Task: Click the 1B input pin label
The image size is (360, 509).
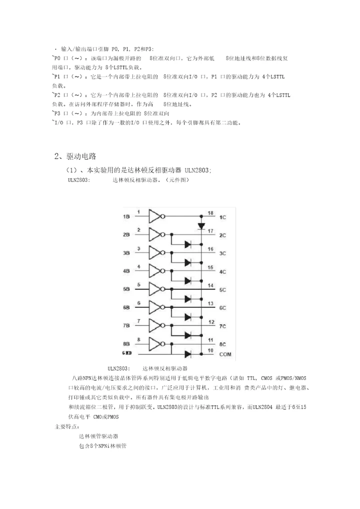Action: tap(126, 216)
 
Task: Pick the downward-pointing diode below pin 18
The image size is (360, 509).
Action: tap(201, 226)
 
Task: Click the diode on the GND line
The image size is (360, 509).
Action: tap(187, 353)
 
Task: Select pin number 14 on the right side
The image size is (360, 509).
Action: tap(210, 285)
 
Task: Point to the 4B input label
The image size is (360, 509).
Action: tap(126, 271)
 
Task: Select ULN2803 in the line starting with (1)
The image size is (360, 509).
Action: tap(197, 170)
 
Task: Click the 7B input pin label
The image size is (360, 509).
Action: tap(126, 326)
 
